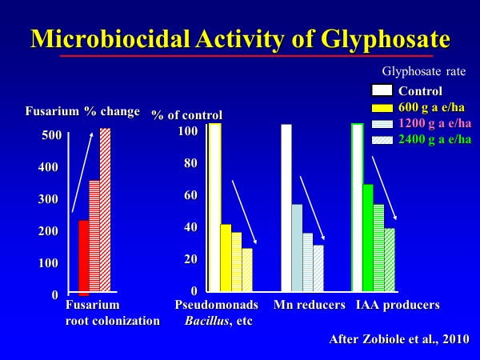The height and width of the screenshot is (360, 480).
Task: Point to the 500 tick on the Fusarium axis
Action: [x=50, y=135]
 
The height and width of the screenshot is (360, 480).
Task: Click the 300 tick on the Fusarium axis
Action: [x=50, y=199]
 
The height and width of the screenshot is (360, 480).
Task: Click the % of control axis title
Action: [x=187, y=116]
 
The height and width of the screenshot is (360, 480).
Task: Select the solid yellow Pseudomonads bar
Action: [x=226, y=258]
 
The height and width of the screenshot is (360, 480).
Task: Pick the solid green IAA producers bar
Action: [x=367, y=238]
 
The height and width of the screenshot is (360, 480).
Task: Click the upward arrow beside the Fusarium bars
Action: [x=82, y=172]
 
